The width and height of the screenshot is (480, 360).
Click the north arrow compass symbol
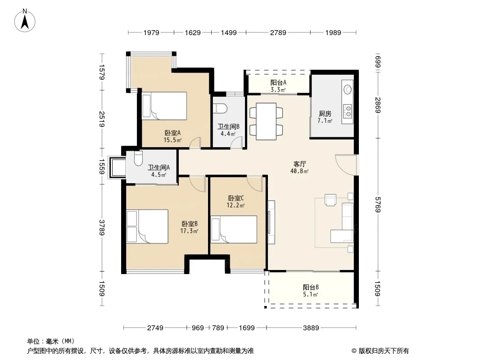[25, 21]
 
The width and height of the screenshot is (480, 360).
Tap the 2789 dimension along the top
[278, 33]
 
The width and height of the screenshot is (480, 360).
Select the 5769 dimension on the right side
[378, 205]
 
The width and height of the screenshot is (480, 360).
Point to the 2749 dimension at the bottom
[155, 328]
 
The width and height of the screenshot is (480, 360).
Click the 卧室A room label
[172, 133]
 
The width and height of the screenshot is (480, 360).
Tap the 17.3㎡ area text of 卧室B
[189, 231]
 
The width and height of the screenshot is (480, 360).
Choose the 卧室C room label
[235, 198]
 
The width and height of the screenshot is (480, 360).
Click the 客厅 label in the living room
[299, 164]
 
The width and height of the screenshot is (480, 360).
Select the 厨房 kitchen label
[325, 114]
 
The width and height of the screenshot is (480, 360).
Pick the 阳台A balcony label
[278, 83]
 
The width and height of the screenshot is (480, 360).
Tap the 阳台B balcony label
[311, 287]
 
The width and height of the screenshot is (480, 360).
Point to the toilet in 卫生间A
[138, 158]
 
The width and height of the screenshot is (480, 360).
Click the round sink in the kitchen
[348, 89]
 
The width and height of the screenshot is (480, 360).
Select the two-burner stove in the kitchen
[348, 111]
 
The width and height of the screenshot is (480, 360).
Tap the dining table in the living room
[266, 121]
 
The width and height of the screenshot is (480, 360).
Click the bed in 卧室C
[234, 229]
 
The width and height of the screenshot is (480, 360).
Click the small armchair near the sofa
[331, 200]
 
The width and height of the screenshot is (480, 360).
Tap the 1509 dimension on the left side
[102, 288]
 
